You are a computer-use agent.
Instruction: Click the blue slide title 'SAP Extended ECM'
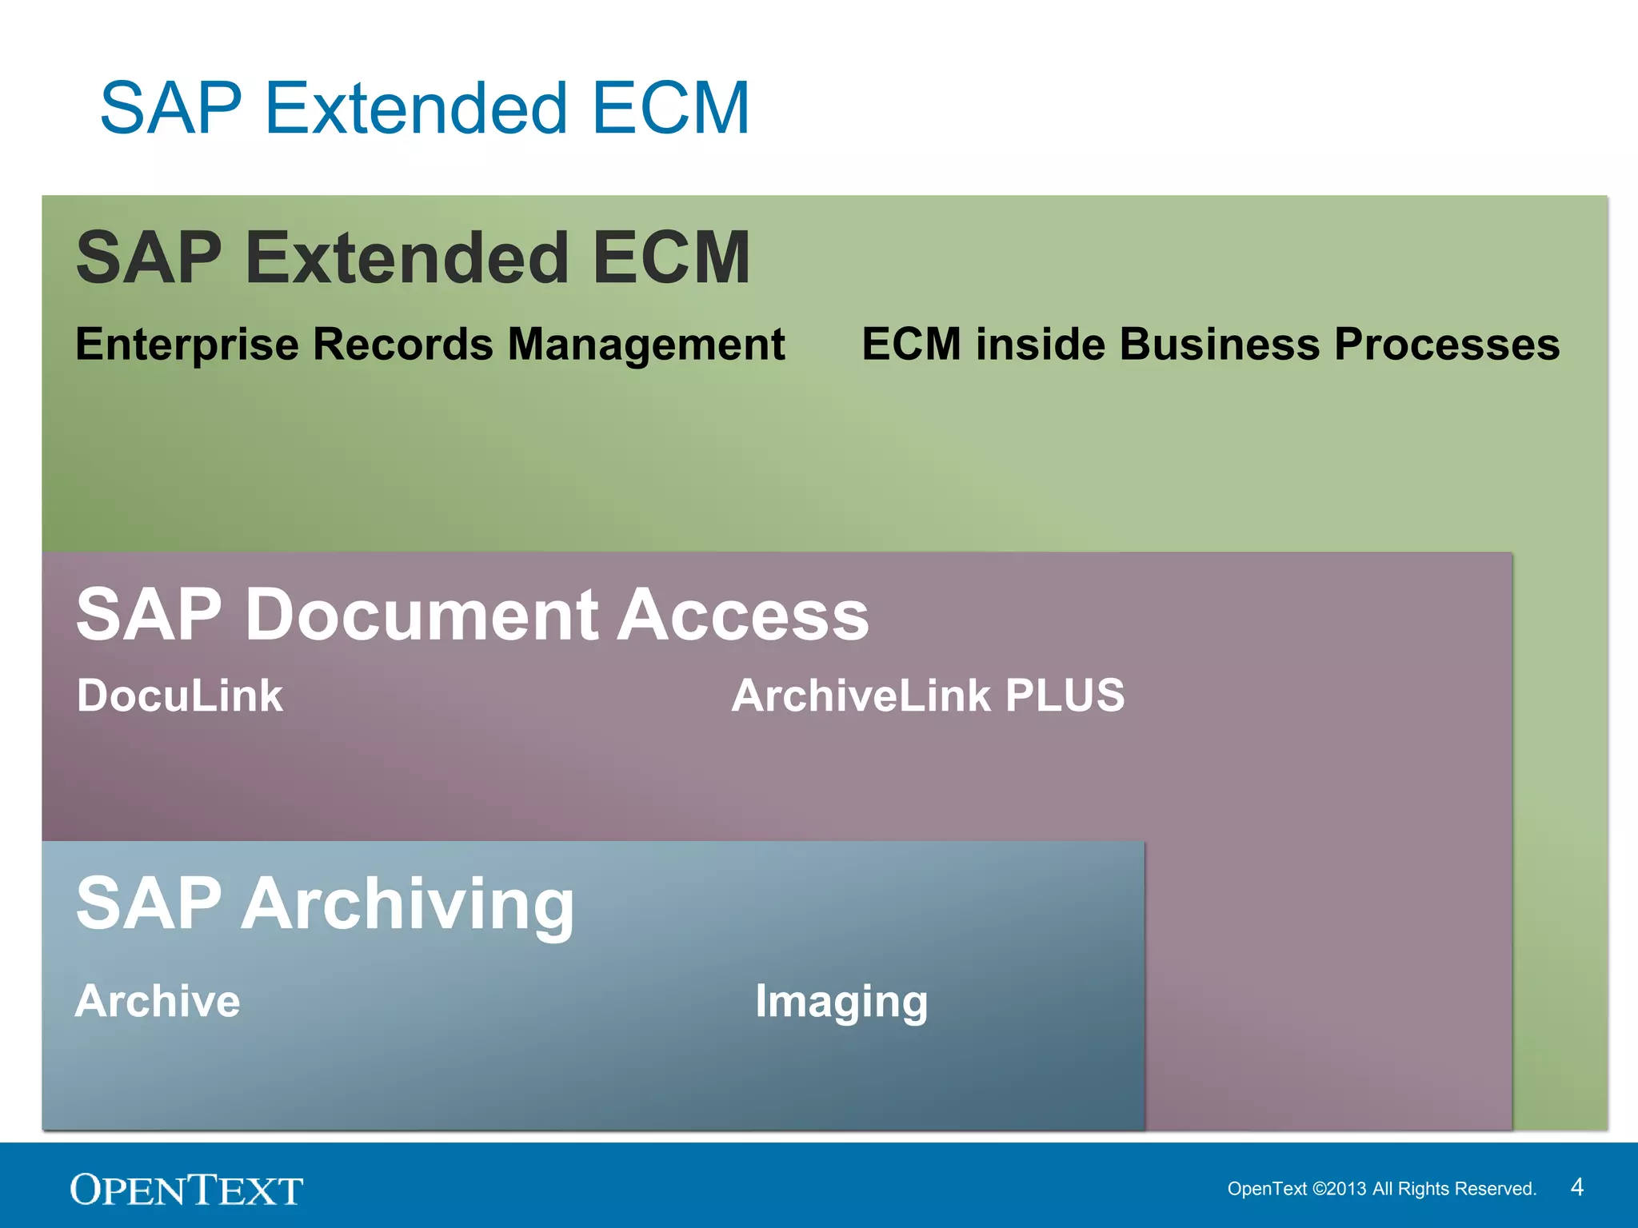[425, 109]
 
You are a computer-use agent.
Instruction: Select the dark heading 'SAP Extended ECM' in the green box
[413, 257]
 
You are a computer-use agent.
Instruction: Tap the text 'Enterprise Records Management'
[429, 345]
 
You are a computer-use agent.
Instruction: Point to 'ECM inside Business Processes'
[1210, 345]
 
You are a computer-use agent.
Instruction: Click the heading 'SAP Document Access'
[472, 614]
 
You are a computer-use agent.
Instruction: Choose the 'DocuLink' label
[180, 696]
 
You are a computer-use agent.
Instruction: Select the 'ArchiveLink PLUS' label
[928, 696]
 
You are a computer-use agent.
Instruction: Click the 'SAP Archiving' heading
[325, 903]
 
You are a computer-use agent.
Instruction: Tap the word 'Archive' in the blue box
[158, 1001]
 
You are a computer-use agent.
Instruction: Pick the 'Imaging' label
[841, 1003]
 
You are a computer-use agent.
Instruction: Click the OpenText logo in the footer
[186, 1190]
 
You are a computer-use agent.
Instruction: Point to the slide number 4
[1576, 1187]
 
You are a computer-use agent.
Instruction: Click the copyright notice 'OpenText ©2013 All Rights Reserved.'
[1381, 1189]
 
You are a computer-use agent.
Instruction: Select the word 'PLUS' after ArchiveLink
[1065, 696]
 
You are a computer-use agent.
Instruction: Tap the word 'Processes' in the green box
[1447, 345]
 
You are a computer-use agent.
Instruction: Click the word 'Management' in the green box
[646, 345]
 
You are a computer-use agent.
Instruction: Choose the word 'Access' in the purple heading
[743, 614]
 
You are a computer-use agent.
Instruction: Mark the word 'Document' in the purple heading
[421, 614]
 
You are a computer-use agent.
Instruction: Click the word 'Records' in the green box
[403, 345]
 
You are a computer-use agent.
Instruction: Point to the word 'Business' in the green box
[1219, 345]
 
